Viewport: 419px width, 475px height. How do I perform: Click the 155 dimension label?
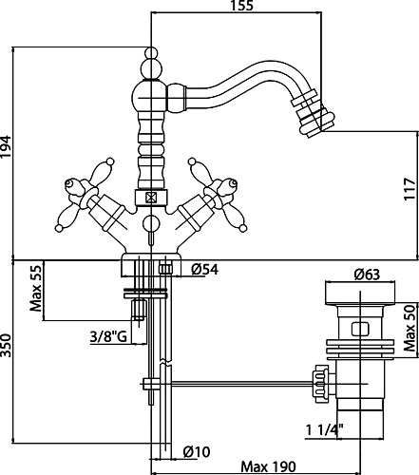click(x=241, y=6)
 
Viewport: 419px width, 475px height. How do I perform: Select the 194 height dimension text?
click(x=6, y=146)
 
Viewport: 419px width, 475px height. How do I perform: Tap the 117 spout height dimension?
click(x=409, y=189)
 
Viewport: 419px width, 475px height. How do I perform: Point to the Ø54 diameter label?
click(x=204, y=270)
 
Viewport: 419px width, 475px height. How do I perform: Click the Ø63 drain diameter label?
click(x=367, y=274)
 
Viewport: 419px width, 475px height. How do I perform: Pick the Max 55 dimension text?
click(x=35, y=288)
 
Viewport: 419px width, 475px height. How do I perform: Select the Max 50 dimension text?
click(x=409, y=328)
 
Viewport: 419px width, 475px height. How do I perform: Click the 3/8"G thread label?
click(x=108, y=336)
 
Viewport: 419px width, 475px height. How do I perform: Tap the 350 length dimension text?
click(x=6, y=345)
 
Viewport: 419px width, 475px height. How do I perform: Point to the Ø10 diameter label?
click(x=197, y=451)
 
